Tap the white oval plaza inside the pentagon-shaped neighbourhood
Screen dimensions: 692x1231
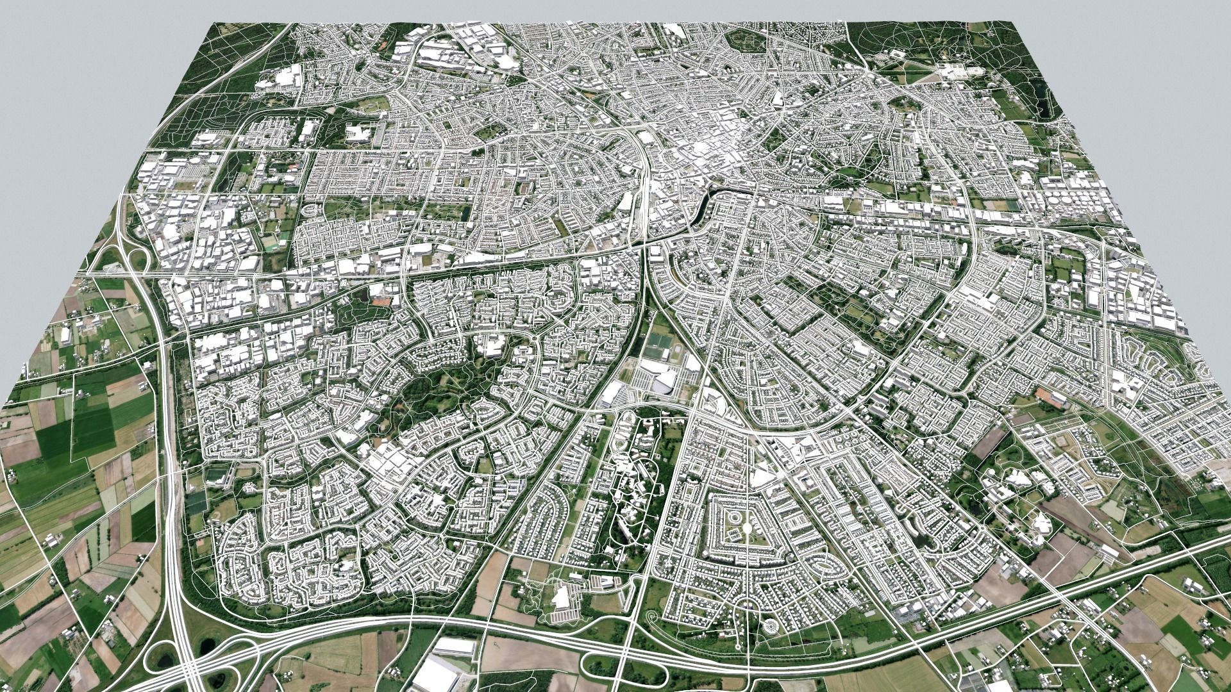(748, 529)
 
